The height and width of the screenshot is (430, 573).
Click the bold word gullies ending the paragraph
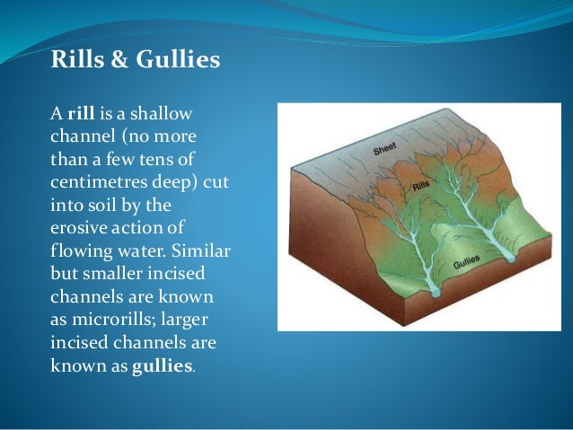[x=163, y=366]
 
